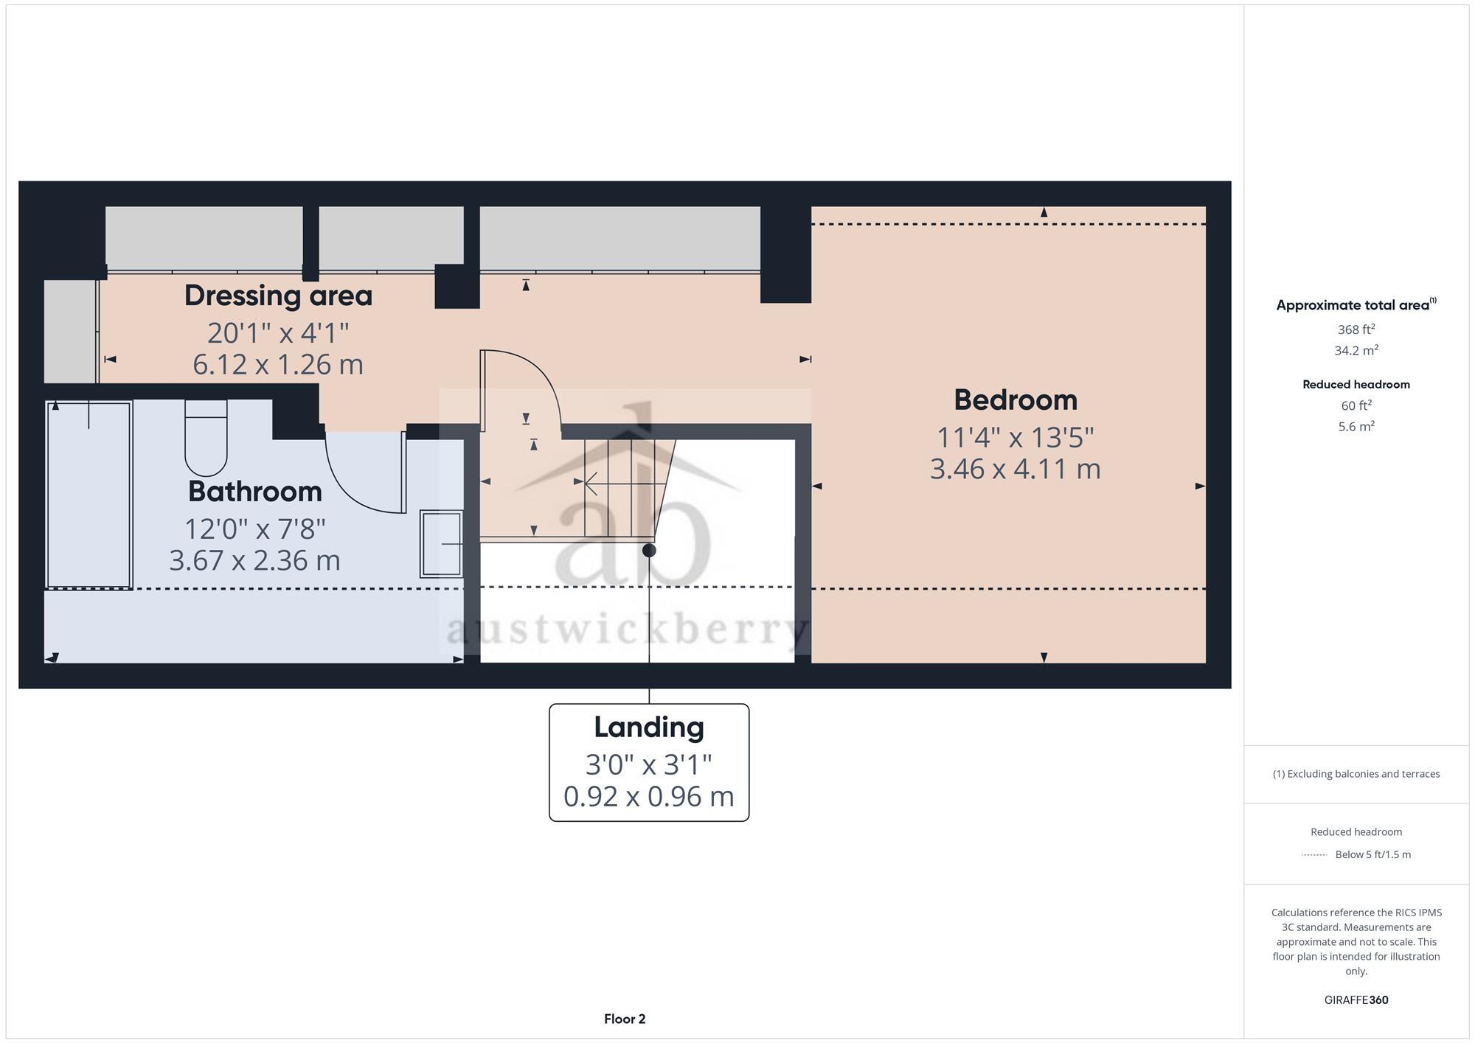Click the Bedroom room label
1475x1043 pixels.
coord(1015,400)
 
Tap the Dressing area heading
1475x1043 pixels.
coord(278,296)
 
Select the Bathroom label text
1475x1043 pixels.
coord(254,492)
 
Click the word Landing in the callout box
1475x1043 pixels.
coord(649,728)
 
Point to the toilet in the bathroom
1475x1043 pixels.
coord(206,441)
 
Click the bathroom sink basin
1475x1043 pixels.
coord(441,544)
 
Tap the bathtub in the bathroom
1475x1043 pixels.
coord(88,495)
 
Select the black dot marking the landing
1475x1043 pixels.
coord(649,551)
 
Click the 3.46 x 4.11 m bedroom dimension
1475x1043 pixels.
coord(1015,470)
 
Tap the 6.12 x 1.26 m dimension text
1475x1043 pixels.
coord(278,365)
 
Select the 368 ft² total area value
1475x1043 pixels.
coord(1356,329)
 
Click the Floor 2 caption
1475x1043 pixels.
coord(625,1019)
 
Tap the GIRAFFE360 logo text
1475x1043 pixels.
coord(1356,1000)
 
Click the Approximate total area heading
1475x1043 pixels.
coord(1356,305)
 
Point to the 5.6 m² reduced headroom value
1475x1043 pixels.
coord(1356,427)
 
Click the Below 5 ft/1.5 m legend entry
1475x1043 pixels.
coord(1372,855)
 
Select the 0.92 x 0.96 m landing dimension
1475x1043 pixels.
coord(649,797)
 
